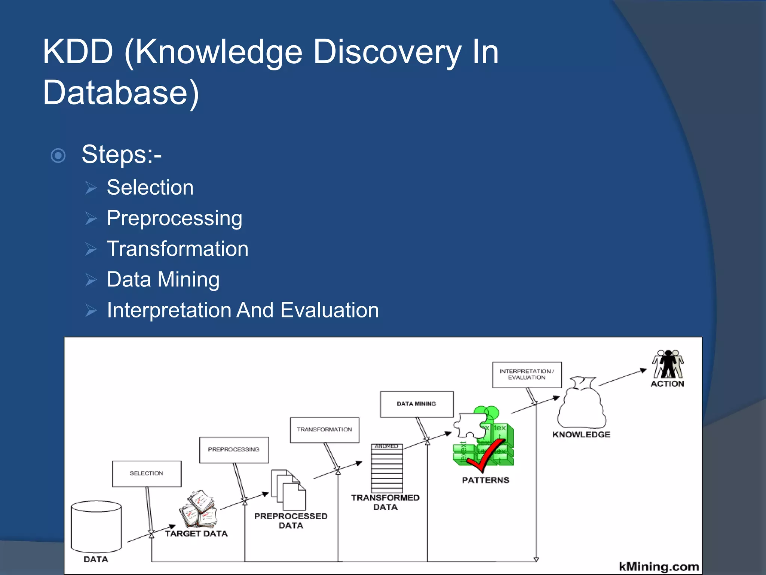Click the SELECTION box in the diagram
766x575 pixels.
point(147,474)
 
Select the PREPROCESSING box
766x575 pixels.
point(234,450)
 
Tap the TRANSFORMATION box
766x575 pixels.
point(325,430)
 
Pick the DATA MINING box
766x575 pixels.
point(416,404)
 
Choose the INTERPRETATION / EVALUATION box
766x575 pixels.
point(527,374)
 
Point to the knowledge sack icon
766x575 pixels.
point(582,404)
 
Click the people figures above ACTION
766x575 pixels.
point(668,364)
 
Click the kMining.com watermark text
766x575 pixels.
point(659,566)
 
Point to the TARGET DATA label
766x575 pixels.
point(196,533)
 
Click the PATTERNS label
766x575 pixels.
point(485,480)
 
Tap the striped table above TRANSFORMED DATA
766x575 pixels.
point(387,469)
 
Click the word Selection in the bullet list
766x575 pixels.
point(150,187)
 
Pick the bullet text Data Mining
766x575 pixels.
point(163,279)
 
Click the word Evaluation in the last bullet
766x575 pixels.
point(330,310)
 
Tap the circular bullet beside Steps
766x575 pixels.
point(58,155)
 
